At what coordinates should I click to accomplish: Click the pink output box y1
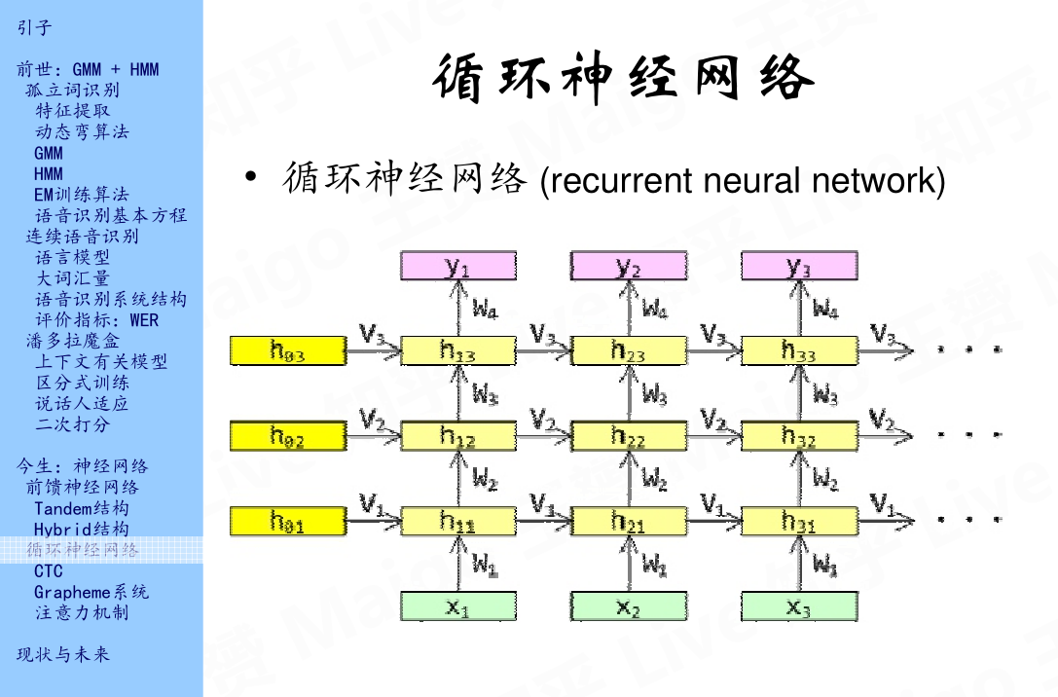457,266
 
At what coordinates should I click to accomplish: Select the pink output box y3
799,266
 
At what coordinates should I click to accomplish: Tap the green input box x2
628,606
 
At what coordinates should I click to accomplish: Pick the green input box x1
457,606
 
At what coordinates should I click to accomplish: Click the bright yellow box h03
287,351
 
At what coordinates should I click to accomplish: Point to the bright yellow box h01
287,522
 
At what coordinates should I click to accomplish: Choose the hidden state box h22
628,436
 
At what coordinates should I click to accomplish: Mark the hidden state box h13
457,351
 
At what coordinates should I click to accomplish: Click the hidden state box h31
799,522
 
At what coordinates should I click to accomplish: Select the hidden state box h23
628,351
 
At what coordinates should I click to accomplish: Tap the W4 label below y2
654,310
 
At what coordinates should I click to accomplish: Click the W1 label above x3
824,565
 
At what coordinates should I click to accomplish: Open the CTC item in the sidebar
48,571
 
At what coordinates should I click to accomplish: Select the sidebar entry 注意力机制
82,613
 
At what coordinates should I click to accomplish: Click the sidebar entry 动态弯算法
82,131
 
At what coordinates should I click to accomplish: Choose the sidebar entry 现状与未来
63,654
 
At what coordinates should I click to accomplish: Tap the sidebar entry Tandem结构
81,508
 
